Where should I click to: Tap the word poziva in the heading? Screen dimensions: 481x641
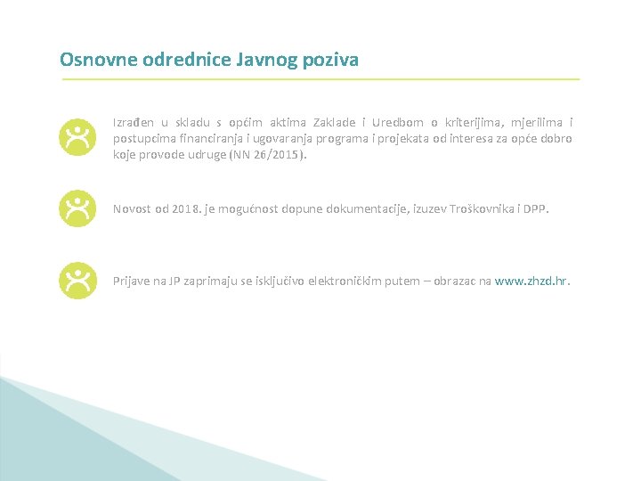pos(330,61)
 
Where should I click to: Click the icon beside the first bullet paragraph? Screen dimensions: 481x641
pos(77,137)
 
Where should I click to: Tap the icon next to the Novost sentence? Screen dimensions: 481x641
pos(77,208)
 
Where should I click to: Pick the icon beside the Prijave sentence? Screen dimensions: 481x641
pos(77,281)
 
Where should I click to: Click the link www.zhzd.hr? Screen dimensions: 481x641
pos(531,281)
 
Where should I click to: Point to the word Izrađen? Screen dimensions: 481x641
pos(134,122)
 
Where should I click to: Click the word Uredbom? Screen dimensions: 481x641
pos(396,122)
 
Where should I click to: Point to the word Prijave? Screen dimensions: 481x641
pos(131,281)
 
